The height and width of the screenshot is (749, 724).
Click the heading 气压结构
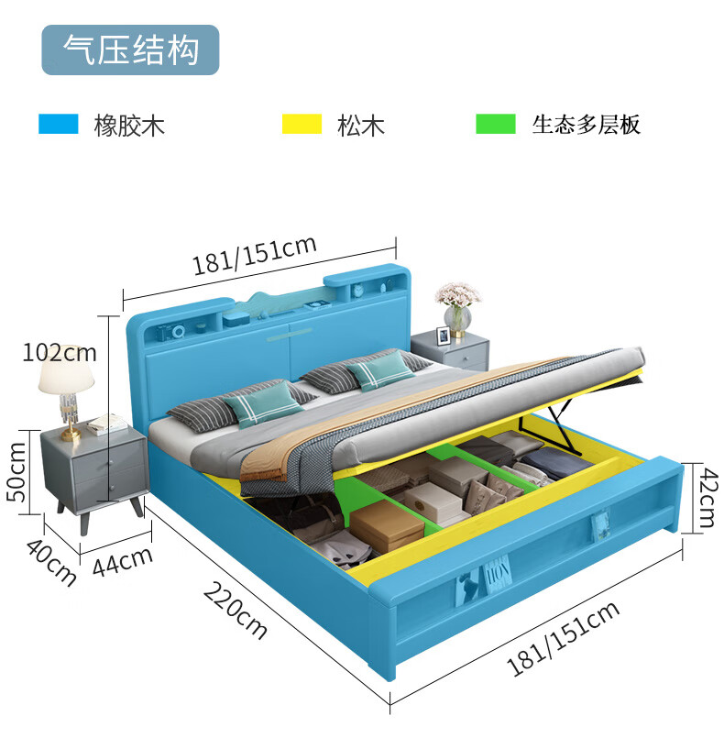(x=130, y=50)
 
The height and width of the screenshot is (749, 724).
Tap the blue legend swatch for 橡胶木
(x=58, y=124)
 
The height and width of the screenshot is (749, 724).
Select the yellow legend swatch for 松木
(x=302, y=124)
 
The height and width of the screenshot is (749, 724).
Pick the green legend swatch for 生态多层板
(x=495, y=124)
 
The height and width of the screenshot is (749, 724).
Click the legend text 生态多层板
(x=586, y=125)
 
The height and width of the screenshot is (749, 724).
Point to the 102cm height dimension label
(x=60, y=352)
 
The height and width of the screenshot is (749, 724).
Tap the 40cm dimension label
(x=50, y=561)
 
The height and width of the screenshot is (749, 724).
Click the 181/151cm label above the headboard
(x=254, y=255)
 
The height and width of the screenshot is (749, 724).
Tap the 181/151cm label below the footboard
(x=564, y=638)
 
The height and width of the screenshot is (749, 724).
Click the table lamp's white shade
(x=66, y=372)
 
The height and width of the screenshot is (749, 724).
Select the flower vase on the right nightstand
(x=457, y=316)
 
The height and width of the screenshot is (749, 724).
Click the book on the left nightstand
(x=107, y=424)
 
